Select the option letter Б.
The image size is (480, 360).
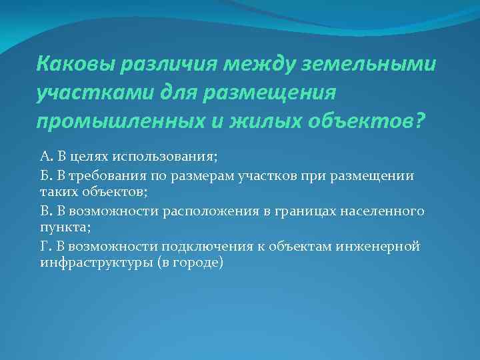pos(45,175)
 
